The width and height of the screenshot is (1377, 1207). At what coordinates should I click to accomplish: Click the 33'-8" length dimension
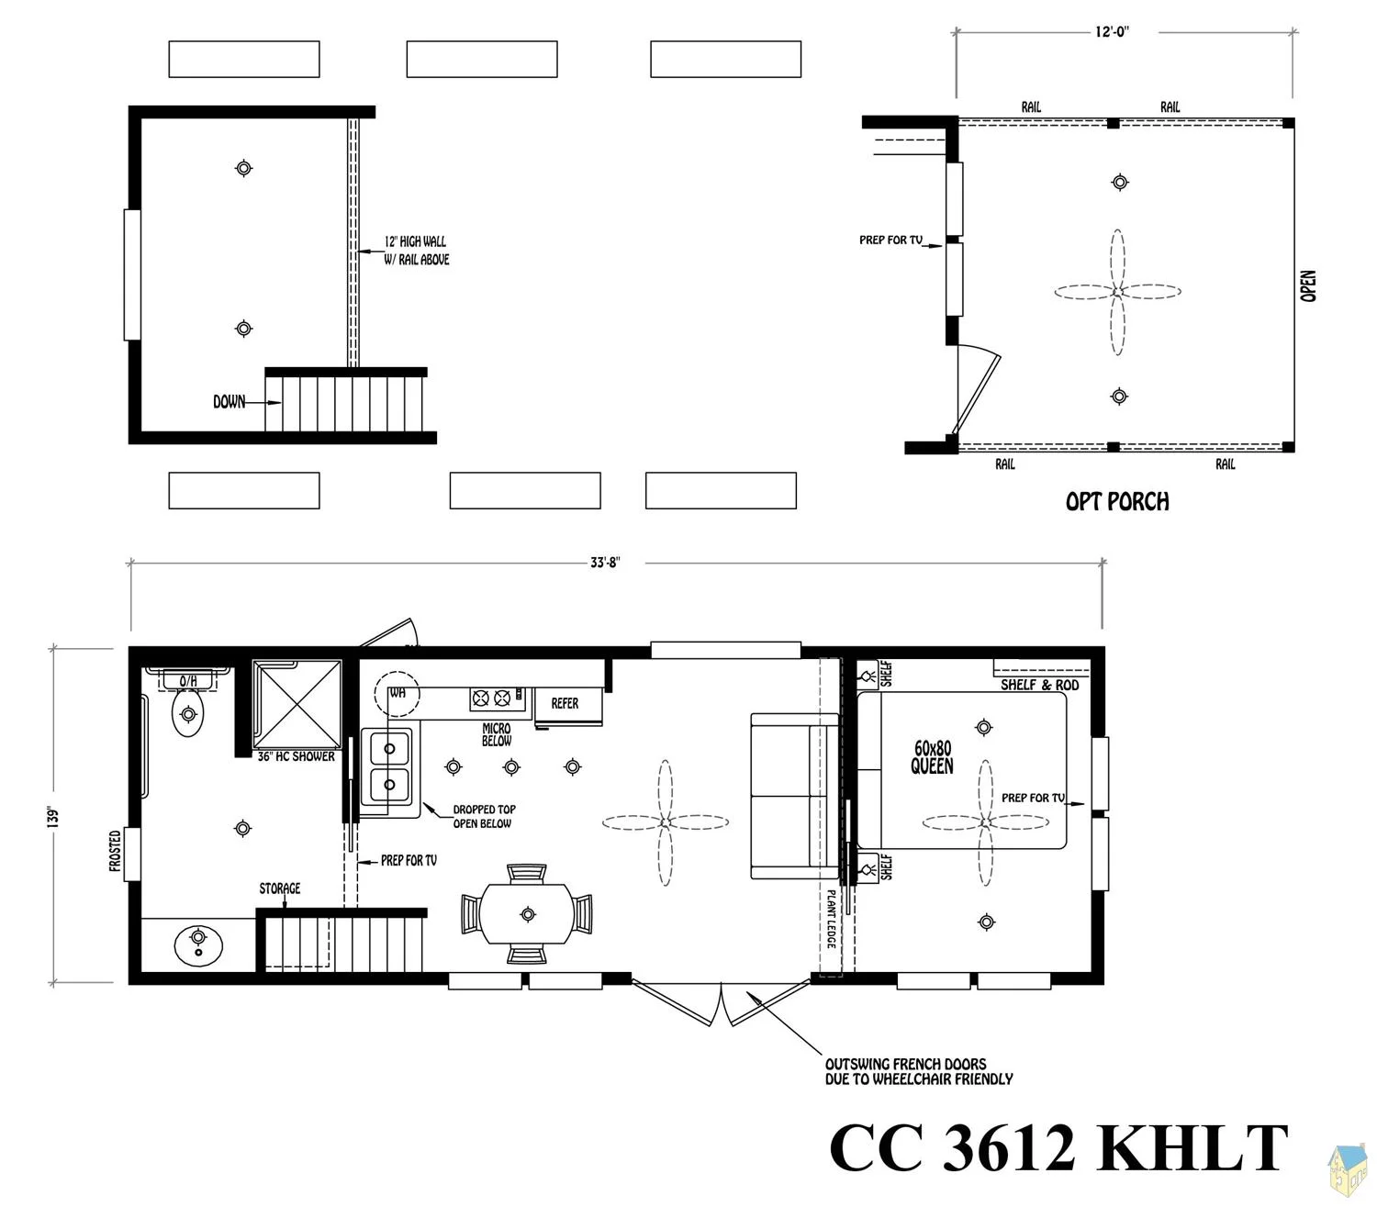pos(604,563)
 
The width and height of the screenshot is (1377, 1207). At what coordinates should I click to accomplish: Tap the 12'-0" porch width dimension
pos(1112,31)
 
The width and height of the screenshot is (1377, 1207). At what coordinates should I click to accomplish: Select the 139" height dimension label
pos(53,816)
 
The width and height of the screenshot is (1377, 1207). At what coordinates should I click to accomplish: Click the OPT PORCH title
pos(1116,501)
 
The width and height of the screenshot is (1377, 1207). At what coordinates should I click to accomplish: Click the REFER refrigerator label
pos(565,703)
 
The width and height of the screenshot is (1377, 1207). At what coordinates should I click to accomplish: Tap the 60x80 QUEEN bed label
pos(933,757)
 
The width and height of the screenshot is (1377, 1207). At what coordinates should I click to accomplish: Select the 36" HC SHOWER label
pos(296,756)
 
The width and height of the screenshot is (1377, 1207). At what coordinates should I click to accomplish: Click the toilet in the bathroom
pos(188,713)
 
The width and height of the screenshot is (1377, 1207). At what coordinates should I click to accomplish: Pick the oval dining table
pos(528,913)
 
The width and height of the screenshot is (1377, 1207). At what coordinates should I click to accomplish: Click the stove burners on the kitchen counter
pos(491,698)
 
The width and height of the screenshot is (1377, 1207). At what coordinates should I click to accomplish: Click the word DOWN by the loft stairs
pos(229,402)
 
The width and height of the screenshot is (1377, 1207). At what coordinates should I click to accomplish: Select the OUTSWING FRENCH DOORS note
pos(919,1072)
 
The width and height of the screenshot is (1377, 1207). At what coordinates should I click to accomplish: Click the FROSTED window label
pos(115,850)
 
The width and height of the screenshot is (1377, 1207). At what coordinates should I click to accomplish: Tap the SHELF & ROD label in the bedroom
pos(1039,685)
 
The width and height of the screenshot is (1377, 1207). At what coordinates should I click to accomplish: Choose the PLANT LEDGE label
pos(831,919)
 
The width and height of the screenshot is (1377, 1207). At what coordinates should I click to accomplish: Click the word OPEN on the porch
pos(1307,285)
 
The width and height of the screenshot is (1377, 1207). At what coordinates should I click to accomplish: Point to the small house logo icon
pos(1347,1168)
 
